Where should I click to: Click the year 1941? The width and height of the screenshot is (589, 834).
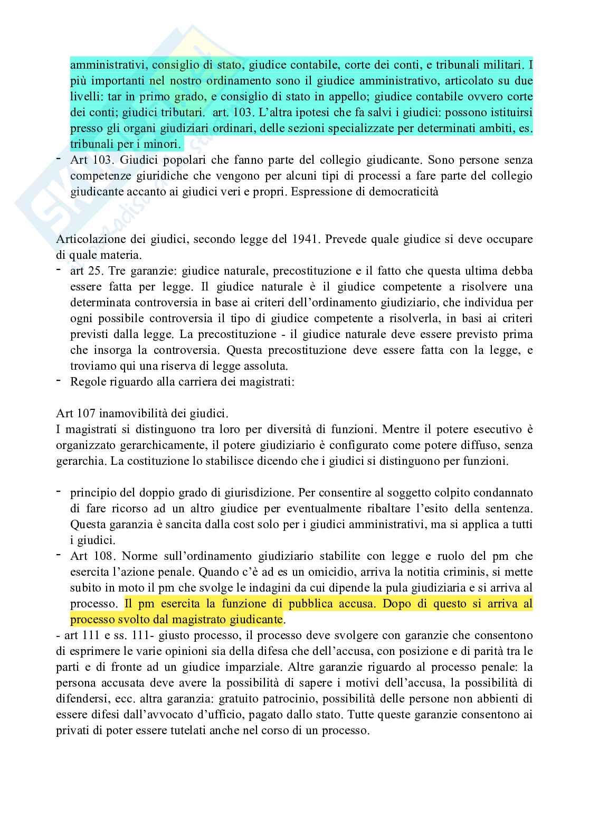305,239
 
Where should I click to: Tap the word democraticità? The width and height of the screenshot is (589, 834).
406,192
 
